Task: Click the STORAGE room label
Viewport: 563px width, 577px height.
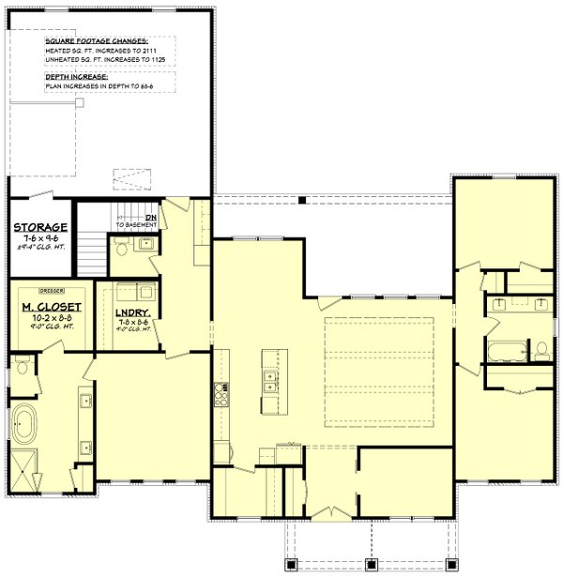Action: pyautogui.click(x=40, y=227)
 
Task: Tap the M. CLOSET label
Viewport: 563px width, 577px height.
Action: pyautogui.click(x=52, y=307)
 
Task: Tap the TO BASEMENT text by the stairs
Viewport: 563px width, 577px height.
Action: pyautogui.click(x=136, y=226)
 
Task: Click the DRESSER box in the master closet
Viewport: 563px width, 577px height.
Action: pyautogui.click(x=52, y=290)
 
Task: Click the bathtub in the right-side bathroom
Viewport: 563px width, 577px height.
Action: pyautogui.click(x=506, y=354)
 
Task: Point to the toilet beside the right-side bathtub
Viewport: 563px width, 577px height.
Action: pyautogui.click(x=541, y=351)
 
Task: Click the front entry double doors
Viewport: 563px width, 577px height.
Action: pyautogui.click(x=332, y=514)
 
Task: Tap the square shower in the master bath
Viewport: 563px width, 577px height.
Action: pyautogui.click(x=24, y=467)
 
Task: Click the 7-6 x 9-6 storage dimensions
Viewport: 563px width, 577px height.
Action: pyautogui.click(x=40, y=239)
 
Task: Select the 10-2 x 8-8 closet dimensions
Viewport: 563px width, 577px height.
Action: pyautogui.click(x=52, y=319)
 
